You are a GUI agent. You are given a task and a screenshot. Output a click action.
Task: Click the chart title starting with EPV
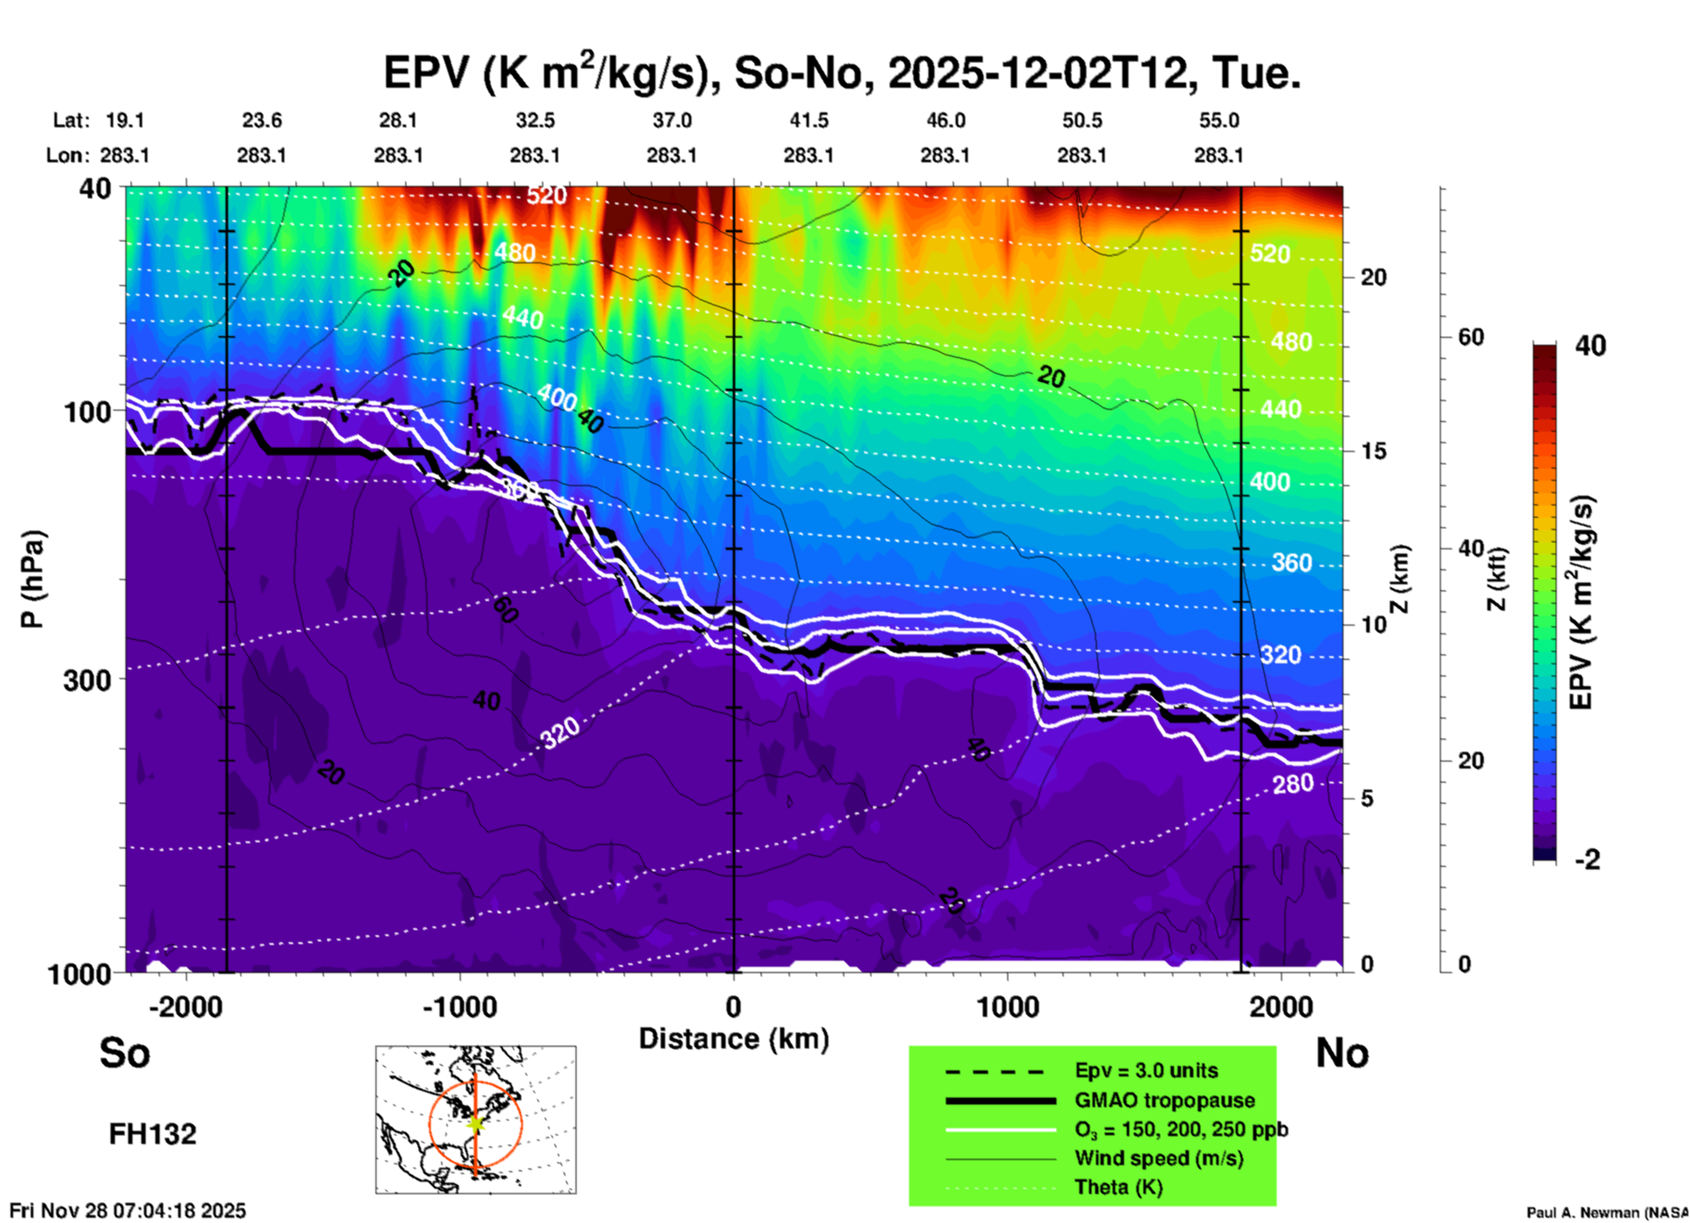click(841, 73)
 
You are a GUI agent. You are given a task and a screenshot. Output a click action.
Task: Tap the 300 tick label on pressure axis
click(88, 680)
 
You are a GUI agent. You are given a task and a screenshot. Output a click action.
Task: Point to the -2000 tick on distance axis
click(185, 1006)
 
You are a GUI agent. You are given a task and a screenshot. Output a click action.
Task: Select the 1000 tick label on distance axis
click(1007, 1006)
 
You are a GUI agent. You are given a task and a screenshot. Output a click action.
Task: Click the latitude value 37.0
click(672, 120)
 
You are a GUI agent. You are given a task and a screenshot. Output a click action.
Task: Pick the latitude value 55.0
click(1219, 120)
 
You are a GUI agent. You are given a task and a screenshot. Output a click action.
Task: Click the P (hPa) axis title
click(32, 579)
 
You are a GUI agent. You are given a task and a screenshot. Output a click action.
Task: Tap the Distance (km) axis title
click(734, 1039)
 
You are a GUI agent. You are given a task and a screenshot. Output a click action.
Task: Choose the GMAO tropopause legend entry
click(1164, 1100)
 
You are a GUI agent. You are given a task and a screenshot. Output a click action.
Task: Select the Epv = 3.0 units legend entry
click(1146, 1070)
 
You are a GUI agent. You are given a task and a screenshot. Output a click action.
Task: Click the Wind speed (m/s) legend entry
click(1158, 1158)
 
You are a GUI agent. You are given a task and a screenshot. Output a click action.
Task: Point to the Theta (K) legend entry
click(1119, 1187)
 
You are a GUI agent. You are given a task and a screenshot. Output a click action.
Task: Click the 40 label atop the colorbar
click(1590, 346)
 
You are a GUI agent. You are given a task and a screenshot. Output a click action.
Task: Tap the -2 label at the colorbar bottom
click(1587, 859)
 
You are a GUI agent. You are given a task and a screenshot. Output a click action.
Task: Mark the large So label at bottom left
click(125, 1053)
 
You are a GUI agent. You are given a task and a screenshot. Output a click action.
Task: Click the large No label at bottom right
click(1342, 1053)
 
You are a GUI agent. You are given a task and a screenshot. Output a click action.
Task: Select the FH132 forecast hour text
click(153, 1134)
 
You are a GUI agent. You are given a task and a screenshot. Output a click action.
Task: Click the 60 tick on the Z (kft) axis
click(1471, 337)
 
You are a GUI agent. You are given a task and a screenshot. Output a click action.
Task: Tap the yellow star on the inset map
click(476, 1123)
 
